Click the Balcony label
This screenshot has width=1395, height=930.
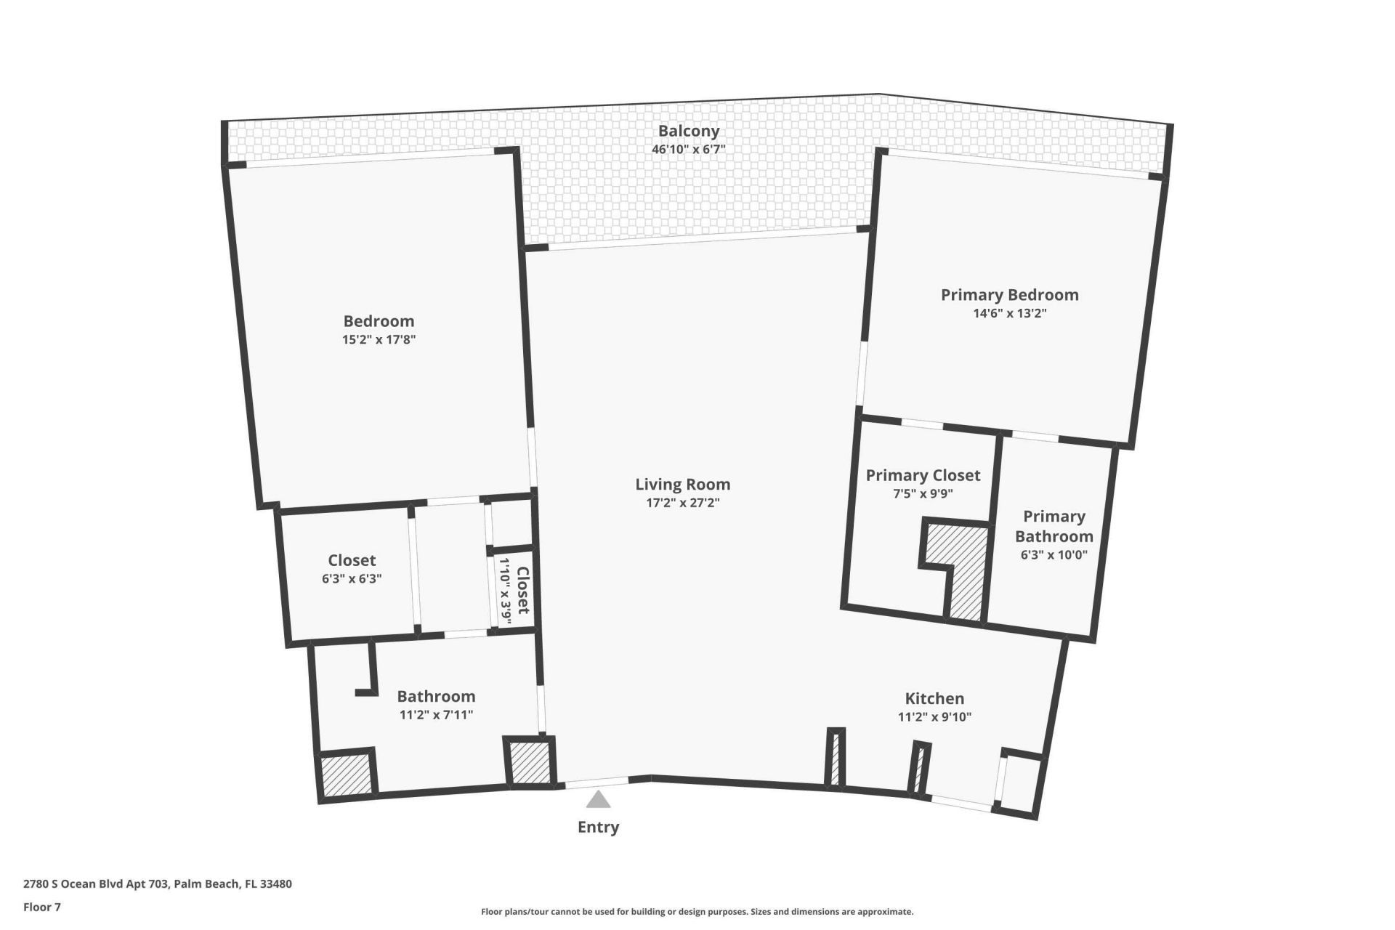688,131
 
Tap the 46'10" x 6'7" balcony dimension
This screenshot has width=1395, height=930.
688,150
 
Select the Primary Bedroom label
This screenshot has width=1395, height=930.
1009,294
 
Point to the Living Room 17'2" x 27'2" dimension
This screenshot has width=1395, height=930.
682,503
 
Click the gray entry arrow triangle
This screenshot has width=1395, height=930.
598,800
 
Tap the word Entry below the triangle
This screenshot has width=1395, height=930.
598,827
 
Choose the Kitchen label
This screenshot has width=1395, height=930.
934,698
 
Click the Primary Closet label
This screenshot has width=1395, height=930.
923,475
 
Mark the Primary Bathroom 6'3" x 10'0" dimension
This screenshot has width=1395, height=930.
1054,554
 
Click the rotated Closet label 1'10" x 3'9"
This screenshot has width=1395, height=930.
514,590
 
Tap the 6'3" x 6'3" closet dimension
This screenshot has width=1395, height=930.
352,579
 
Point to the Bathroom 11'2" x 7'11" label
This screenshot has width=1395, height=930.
436,705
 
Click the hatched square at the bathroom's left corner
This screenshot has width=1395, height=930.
346,775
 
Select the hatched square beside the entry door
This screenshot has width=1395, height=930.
530,762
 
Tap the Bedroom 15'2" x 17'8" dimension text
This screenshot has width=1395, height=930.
379,339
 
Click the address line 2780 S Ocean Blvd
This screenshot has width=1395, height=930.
158,884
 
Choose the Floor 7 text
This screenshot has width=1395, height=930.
42,907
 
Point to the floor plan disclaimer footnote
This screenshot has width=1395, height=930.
697,912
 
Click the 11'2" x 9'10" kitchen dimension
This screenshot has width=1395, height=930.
934,717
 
